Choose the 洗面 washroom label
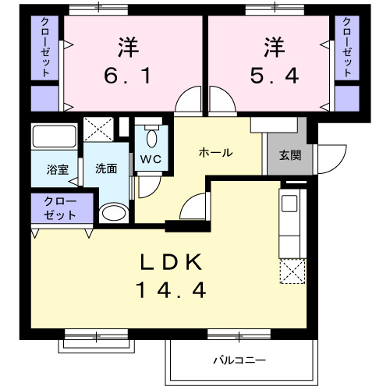coord(106,168)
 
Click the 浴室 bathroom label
coord(57,168)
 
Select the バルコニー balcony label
coord(240,360)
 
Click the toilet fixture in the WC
coord(151,137)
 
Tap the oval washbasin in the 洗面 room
coord(114,211)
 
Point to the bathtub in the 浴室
coord(53,139)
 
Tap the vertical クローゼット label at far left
coord(46,47)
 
